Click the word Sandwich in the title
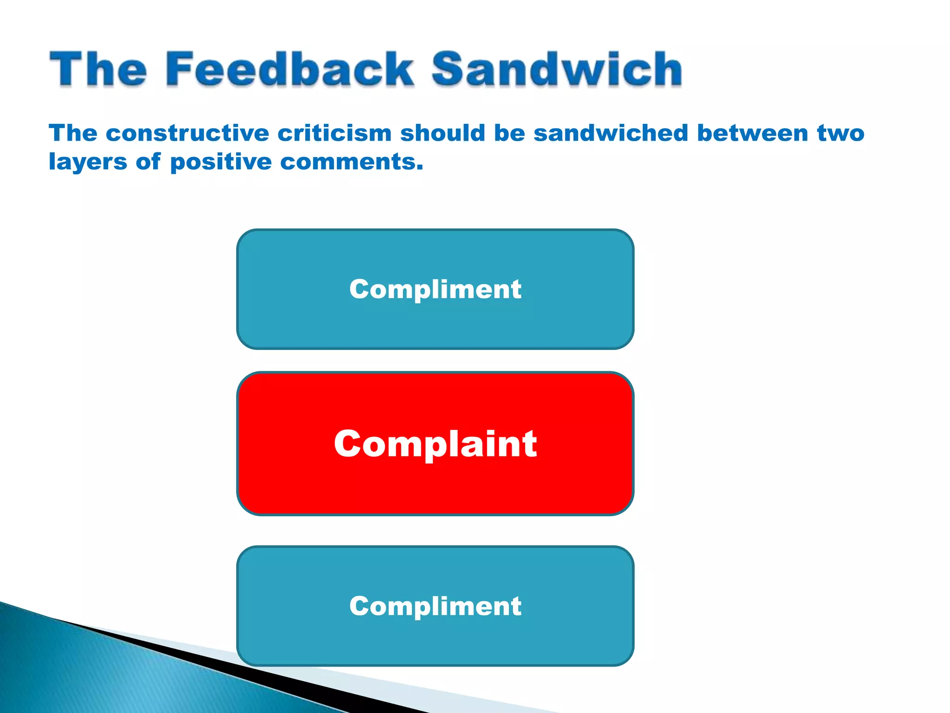tap(557, 70)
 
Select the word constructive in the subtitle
tap(187, 134)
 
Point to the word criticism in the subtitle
tap(334, 134)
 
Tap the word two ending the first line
tap(841, 134)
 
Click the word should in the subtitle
tap(443, 134)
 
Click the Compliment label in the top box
tap(435, 289)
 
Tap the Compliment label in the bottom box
tap(435, 606)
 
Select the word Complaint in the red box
tap(435, 444)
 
